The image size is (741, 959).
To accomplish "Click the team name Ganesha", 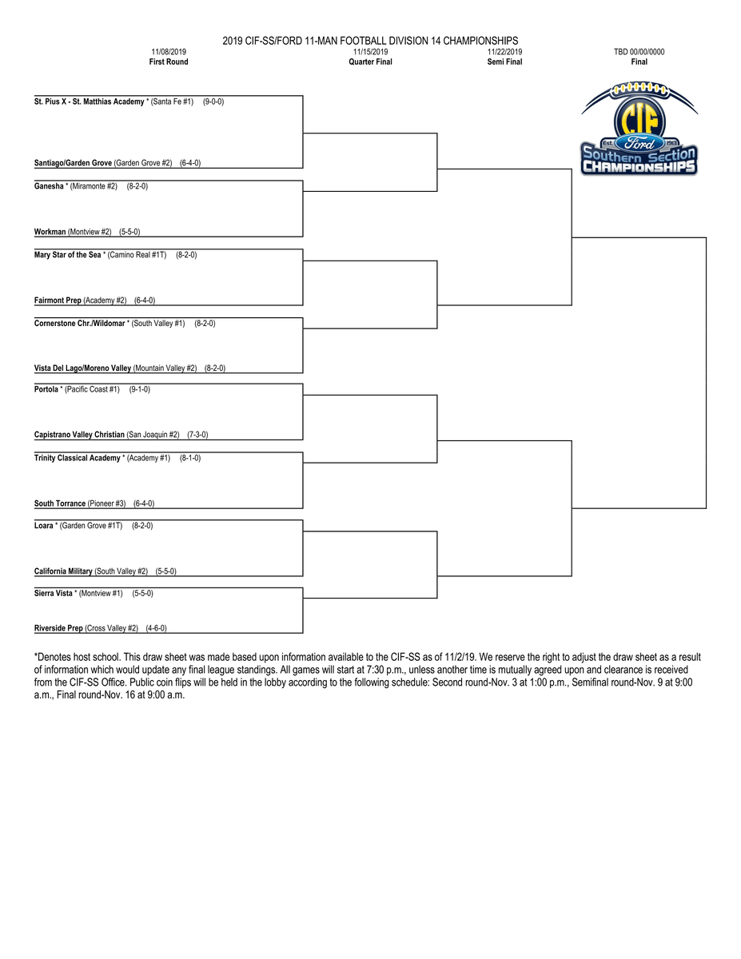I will [49, 186].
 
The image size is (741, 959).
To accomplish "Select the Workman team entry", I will [50, 232].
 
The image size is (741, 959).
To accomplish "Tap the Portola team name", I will [46, 389].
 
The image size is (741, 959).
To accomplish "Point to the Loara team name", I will [44, 526].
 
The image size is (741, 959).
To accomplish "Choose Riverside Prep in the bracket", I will [58, 628].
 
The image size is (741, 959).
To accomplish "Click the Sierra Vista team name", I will [54, 594].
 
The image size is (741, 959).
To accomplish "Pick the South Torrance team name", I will [60, 503].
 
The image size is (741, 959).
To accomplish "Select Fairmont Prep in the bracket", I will [58, 300].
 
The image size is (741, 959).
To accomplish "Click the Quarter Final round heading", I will [370, 62].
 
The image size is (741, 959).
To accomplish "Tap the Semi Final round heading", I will [504, 62].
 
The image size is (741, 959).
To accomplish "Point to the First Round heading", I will [169, 62].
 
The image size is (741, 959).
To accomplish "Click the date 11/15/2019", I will [370, 52].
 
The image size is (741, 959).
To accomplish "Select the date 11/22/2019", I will [504, 52].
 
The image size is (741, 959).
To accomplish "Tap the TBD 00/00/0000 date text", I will [639, 52].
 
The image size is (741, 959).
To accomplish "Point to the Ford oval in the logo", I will [639, 145].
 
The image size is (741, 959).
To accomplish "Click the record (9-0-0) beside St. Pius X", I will [213, 102].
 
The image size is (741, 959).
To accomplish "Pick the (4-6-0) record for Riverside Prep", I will [156, 628].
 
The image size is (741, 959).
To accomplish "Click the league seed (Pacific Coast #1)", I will [92, 389].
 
